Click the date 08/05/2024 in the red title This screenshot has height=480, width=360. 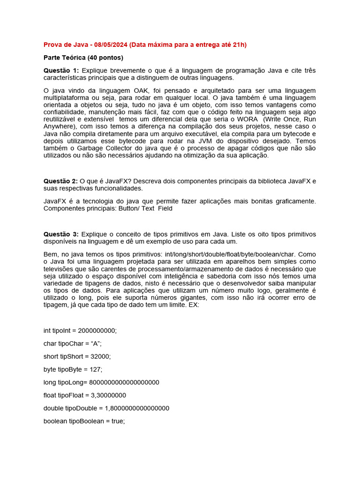[x=110, y=45]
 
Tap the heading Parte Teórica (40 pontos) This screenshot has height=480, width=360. [x=83, y=58]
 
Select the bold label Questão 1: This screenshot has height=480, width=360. [x=61, y=70]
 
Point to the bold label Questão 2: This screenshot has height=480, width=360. [x=61, y=181]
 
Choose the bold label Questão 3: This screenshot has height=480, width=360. [x=61, y=234]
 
